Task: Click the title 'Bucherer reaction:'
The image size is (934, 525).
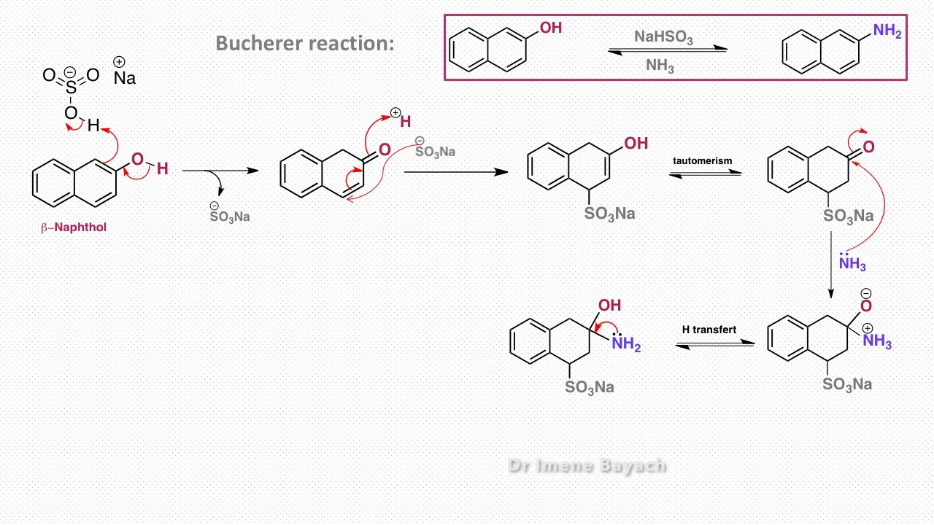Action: point(304,43)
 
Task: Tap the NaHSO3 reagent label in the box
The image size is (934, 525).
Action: point(663,37)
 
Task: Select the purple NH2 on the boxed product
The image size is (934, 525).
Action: point(887,31)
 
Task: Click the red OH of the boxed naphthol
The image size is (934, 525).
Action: point(550,28)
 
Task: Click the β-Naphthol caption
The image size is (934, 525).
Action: point(74,227)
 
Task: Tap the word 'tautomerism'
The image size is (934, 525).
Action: point(702,160)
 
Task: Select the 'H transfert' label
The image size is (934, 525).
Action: point(709,330)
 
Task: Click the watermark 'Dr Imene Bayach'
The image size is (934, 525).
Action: point(587,466)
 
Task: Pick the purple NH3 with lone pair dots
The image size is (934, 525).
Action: point(852,263)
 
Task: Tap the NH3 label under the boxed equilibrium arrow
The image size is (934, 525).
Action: point(660,66)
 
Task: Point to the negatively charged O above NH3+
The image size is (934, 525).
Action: point(866,306)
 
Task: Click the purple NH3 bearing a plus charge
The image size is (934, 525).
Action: point(877,341)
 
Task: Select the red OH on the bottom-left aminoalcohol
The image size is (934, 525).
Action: point(610,306)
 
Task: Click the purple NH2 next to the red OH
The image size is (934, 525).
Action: point(626,343)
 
